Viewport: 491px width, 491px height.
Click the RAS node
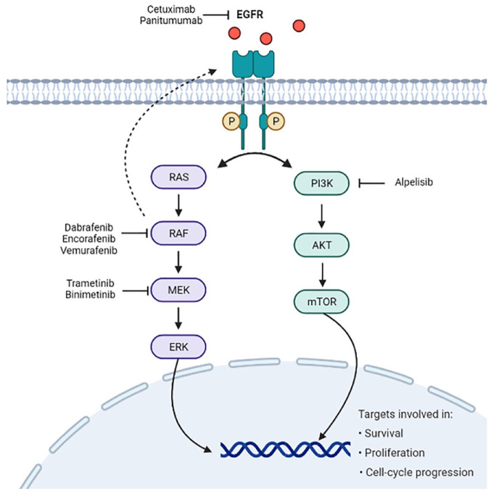click(178, 177)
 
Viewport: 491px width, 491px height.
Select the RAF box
click(178, 234)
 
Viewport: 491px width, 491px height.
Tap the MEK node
click(178, 290)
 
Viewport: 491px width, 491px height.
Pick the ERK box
click(178, 347)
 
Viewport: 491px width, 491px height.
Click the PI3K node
click(321, 183)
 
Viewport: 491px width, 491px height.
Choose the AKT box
click(321, 245)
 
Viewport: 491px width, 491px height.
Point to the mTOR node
click(321, 302)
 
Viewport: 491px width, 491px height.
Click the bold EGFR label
click(249, 15)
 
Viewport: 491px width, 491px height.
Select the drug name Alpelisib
click(413, 182)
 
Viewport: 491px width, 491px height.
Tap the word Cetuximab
click(171, 9)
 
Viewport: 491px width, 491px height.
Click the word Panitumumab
click(171, 20)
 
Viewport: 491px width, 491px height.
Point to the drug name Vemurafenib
click(88, 250)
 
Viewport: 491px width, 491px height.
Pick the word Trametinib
click(90, 283)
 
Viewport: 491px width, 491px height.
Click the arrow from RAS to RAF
click(178, 205)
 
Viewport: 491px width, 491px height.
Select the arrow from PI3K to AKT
click(321, 216)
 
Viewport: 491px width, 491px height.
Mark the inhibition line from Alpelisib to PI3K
click(371, 183)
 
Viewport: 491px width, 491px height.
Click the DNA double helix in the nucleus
click(285, 449)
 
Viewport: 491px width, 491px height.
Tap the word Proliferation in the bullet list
click(395, 453)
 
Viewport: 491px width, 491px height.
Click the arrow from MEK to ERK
click(178, 318)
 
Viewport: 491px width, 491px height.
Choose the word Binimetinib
click(90, 294)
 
